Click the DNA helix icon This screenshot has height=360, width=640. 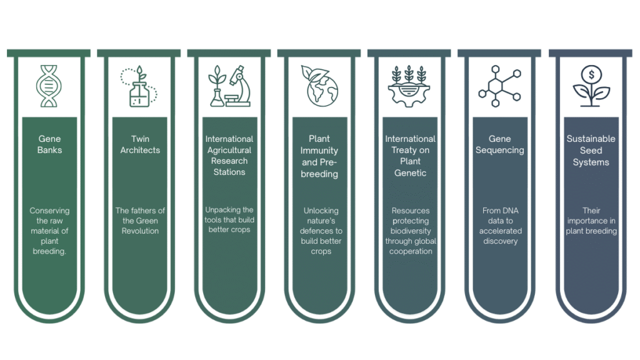pyautogui.click(x=49, y=86)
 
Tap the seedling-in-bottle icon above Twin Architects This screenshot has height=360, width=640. pyautogui.click(x=139, y=86)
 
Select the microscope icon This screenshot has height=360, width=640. pyautogui.click(x=239, y=86)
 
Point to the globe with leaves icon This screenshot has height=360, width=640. pyautogui.click(x=319, y=86)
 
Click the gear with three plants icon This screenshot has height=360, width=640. pyautogui.click(x=409, y=86)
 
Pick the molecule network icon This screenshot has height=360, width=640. pyautogui.click(x=499, y=86)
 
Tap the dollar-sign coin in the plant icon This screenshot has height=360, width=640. pyautogui.click(x=591, y=75)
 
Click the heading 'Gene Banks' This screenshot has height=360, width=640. pyautogui.click(x=49, y=144)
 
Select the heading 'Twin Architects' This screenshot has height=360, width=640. pyautogui.click(x=140, y=144)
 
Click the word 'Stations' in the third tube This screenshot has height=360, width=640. pyautogui.click(x=229, y=172)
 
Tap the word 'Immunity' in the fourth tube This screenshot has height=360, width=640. pyautogui.click(x=319, y=151)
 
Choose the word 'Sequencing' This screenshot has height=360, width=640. pyautogui.click(x=499, y=150)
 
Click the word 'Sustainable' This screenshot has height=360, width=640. pyautogui.click(x=591, y=139)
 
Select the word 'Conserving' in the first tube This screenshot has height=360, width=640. pyautogui.click(x=49, y=211)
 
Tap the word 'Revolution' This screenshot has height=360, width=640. pyautogui.click(x=140, y=231)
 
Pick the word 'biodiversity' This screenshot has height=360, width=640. pyautogui.click(x=411, y=231)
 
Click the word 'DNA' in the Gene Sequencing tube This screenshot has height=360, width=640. pyautogui.click(x=509, y=211)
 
